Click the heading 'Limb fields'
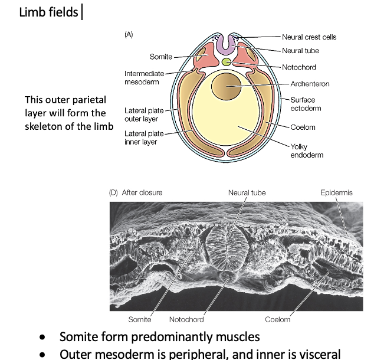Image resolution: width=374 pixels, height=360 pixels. point(48,12)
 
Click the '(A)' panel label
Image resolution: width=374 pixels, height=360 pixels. point(129,35)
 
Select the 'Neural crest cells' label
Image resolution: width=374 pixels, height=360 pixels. point(309,37)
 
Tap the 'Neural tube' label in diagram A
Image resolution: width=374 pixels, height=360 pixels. point(300,51)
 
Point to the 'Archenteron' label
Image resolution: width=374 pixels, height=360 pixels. point(309,84)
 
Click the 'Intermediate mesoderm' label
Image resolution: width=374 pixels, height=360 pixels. point(141,77)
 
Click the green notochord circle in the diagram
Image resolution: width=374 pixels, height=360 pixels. point(227,62)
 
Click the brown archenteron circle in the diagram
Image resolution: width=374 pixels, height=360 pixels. point(226,86)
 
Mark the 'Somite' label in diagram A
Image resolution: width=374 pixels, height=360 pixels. point(161,57)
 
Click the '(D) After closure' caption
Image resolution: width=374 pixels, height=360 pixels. point(136,192)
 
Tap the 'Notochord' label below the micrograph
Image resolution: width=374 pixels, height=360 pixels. point(186,319)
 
